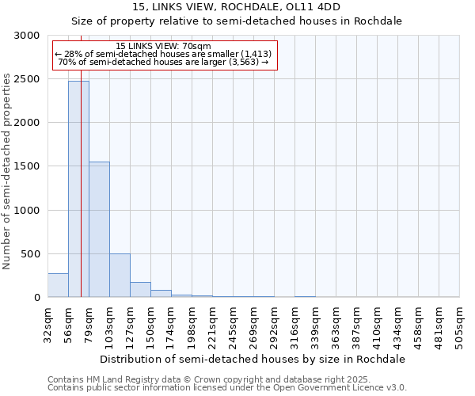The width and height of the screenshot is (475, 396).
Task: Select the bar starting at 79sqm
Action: click(x=99, y=230)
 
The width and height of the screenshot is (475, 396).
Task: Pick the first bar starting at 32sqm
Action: click(x=58, y=285)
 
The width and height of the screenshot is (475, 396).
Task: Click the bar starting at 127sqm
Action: click(x=140, y=290)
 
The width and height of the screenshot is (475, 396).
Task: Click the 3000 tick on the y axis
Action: click(x=28, y=36)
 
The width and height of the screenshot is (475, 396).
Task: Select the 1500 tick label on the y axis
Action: click(x=28, y=166)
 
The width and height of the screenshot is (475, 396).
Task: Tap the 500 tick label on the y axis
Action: click(x=31, y=254)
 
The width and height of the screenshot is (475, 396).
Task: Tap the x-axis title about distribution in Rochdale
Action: click(x=253, y=359)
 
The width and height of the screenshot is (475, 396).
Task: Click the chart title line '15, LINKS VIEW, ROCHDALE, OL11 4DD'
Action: click(x=237, y=7)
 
